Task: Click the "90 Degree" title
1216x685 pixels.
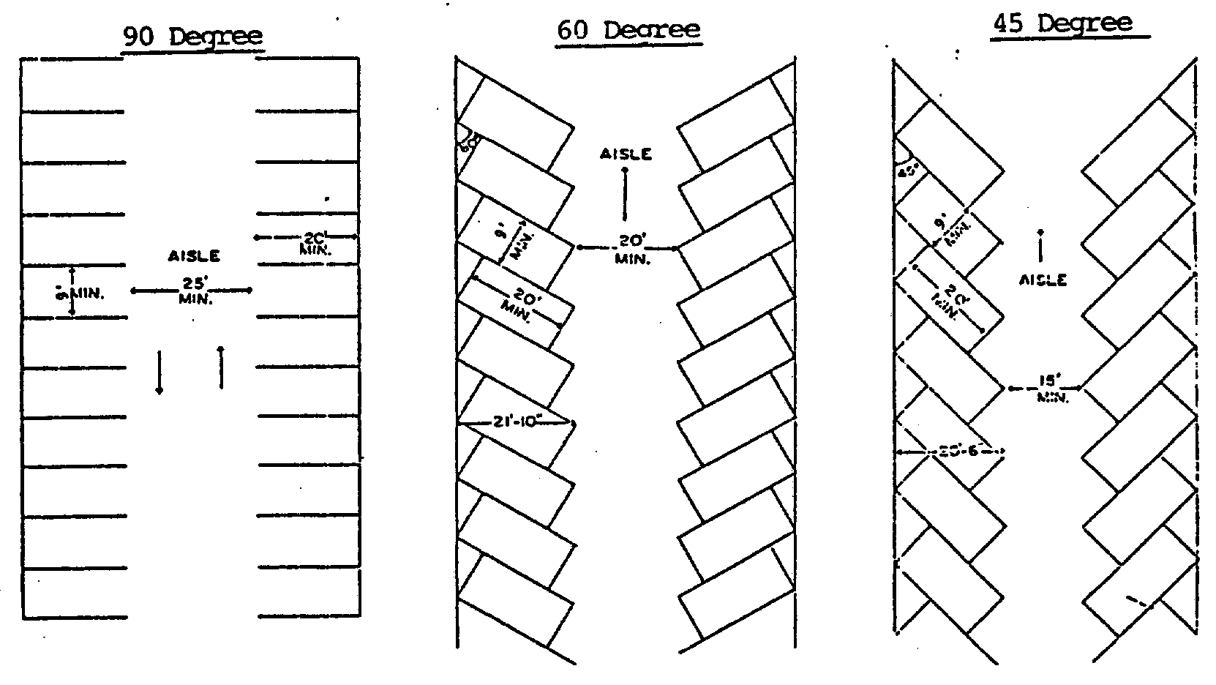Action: (x=192, y=37)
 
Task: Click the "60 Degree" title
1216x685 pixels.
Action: (x=628, y=31)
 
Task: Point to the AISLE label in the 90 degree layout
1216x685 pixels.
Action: (x=194, y=256)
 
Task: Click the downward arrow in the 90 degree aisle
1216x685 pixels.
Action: (x=159, y=372)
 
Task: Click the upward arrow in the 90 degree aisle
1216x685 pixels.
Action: (x=221, y=366)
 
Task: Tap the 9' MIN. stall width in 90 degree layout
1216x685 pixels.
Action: (x=84, y=293)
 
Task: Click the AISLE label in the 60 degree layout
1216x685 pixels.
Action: (x=626, y=154)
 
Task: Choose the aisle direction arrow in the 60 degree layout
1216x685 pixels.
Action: (x=625, y=194)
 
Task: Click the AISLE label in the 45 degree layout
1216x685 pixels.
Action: (x=1042, y=280)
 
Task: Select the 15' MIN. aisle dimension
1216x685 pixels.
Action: (x=1045, y=389)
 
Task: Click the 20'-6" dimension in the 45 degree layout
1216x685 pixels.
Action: (x=950, y=452)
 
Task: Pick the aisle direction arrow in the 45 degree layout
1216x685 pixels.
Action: (x=1040, y=247)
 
